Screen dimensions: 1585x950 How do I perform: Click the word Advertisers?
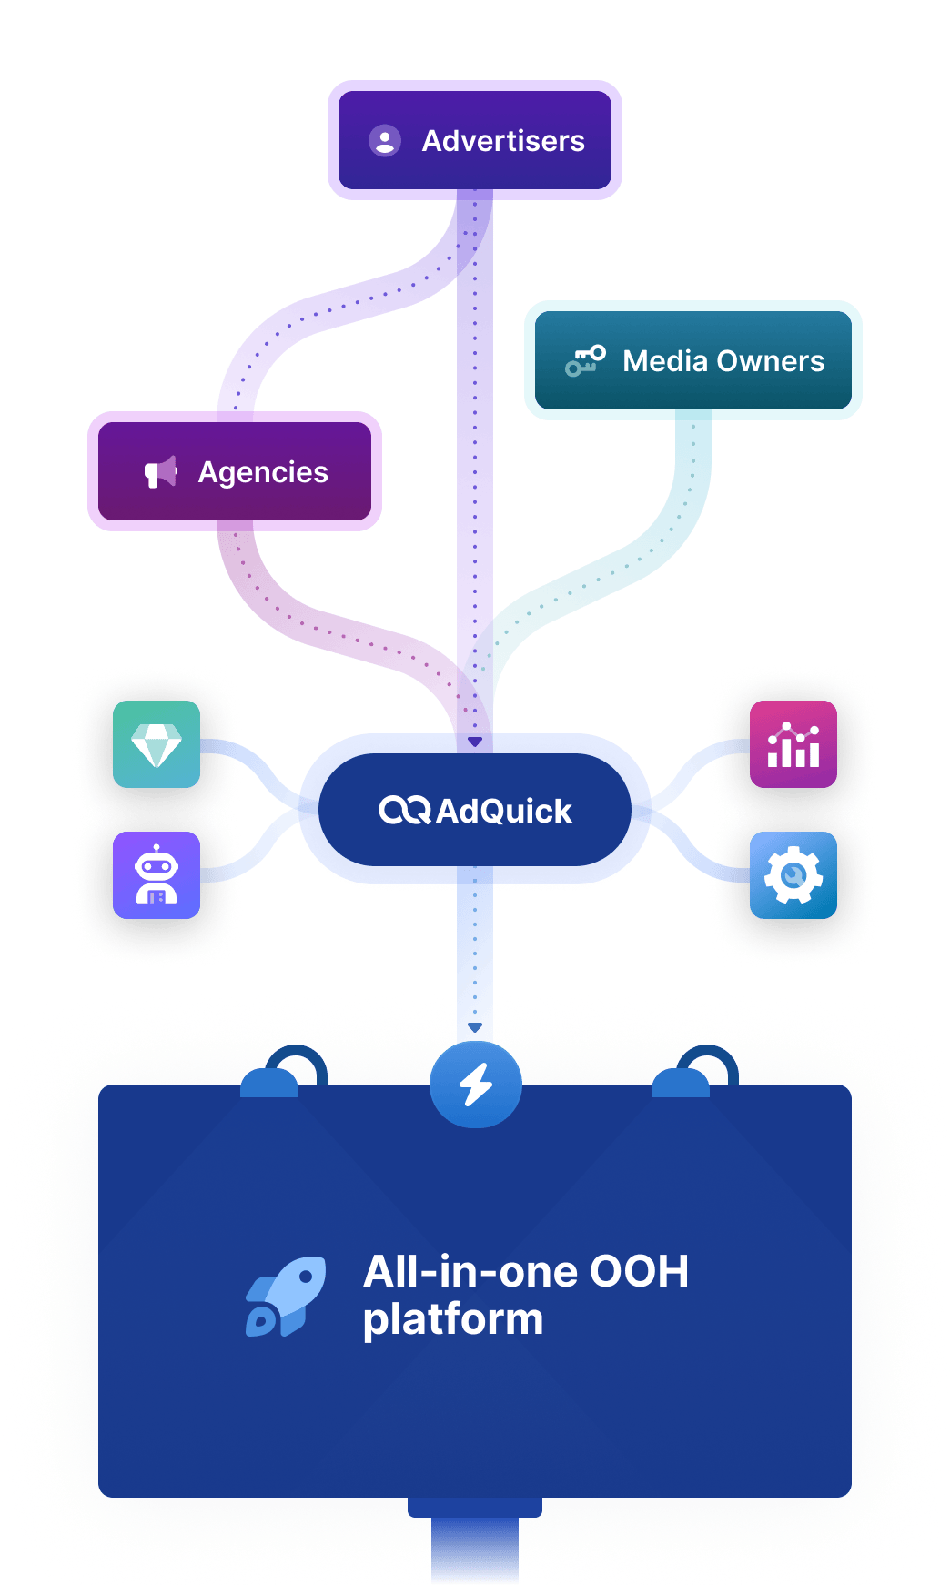tap(503, 141)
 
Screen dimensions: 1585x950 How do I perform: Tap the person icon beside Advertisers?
tap(385, 140)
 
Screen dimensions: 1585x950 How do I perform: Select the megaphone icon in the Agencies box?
tap(161, 472)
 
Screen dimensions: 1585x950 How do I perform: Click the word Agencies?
tap(263, 472)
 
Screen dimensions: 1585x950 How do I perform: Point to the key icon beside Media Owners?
tap(585, 360)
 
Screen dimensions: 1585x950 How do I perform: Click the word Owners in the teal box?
tap(770, 361)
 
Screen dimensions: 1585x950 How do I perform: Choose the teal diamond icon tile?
tap(157, 744)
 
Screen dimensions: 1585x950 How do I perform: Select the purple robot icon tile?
tap(157, 875)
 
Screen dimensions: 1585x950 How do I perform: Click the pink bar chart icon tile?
tap(793, 744)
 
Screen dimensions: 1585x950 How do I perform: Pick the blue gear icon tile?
tap(793, 875)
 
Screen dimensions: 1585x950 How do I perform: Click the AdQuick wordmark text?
tap(504, 811)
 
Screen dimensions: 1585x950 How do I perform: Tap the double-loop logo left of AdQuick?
tap(404, 810)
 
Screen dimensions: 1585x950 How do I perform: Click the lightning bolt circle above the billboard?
tap(475, 1085)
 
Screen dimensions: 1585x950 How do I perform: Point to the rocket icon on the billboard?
tap(286, 1297)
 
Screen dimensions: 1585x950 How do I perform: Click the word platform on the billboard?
tap(453, 1319)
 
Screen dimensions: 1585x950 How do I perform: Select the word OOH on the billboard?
tap(639, 1272)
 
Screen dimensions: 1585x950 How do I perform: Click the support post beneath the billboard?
tap(475, 1547)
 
